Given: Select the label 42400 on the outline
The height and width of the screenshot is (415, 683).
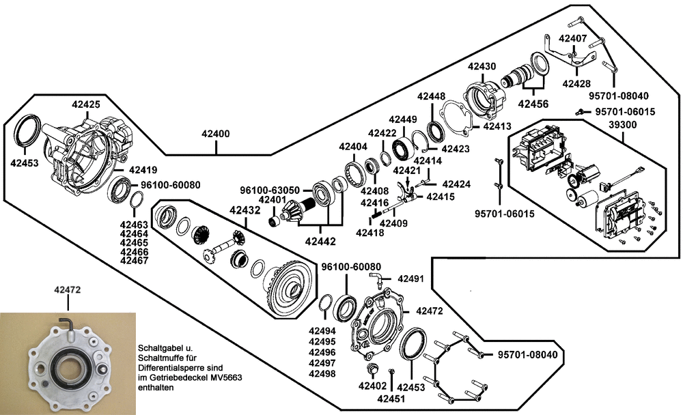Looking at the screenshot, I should click(x=215, y=135).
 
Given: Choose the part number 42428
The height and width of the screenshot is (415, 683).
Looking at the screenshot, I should click(x=576, y=83).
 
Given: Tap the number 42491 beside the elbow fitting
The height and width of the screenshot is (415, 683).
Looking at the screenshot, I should click(x=411, y=278).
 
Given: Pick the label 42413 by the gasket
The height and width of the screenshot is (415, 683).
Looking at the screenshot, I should click(x=497, y=126).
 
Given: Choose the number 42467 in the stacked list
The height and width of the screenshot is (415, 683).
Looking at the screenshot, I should click(x=134, y=261).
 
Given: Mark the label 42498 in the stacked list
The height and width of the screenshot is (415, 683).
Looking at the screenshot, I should click(x=322, y=374).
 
